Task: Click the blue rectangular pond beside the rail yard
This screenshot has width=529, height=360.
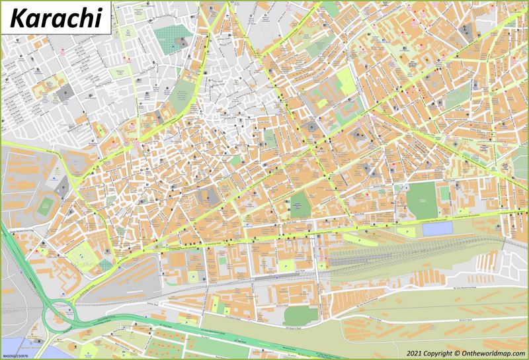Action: pyautogui.click(x=436, y=229)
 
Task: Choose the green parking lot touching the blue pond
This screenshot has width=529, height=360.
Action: pyautogui.click(x=410, y=231)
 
